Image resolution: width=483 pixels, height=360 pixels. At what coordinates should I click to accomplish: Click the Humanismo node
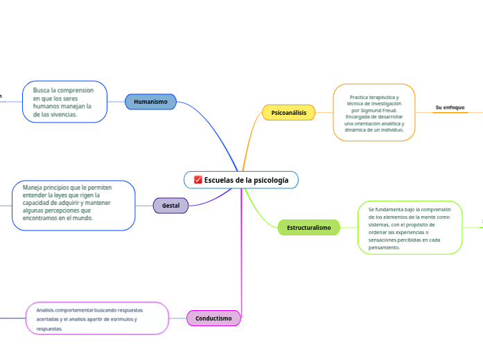[x=150, y=102]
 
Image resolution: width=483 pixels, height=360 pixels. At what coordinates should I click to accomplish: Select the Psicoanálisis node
[x=288, y=112]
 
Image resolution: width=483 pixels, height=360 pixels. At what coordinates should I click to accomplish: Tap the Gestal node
[x=170, y=206]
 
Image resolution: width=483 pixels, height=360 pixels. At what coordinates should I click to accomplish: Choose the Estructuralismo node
[x=308, y=227]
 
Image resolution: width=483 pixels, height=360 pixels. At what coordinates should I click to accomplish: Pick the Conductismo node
[x=213, y=318]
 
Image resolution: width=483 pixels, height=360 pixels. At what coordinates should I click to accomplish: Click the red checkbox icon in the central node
[x=197, y=180]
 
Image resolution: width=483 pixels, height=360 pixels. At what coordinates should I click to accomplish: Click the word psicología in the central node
[x=271, y=180]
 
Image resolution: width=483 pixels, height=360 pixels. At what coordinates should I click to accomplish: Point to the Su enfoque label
[x=450, y=107]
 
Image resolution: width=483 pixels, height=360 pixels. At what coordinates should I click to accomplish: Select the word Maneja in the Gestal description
[x=34, y=188]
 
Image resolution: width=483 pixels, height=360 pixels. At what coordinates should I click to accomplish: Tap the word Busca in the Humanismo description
[x=42, y=91]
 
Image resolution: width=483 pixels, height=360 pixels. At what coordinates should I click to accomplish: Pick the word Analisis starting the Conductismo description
[x=46, y=310]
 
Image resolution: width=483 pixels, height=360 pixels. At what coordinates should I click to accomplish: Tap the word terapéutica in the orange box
[x=378, y=98]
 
